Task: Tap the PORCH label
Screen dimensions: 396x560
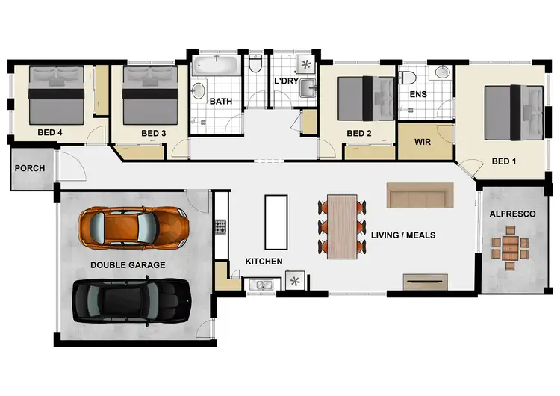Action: pos(29,168)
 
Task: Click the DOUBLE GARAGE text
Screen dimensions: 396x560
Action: pos(128,264)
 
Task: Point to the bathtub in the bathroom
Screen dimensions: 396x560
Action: pos(217,67)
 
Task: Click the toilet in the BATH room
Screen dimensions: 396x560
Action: pos(255,68)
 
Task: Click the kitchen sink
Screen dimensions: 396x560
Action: pos(262,284)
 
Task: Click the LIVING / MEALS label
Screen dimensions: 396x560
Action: pos(402,235)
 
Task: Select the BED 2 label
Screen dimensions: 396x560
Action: pos(358,134)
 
